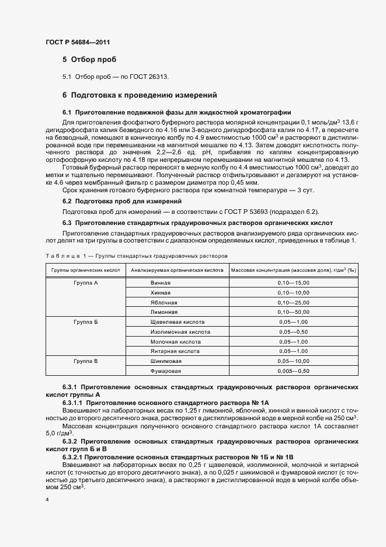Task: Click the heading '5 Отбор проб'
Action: click(89, 60)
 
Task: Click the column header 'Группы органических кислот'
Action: click(86, 271)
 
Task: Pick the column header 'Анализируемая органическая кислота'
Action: click(177, 271)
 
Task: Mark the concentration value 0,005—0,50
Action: click(293, 371)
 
